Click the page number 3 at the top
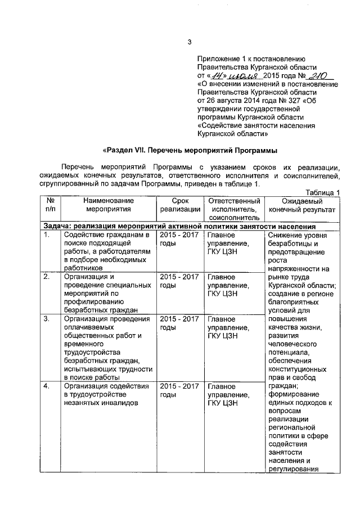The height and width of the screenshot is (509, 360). click(190, 41)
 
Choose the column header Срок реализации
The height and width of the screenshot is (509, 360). click(180, 205)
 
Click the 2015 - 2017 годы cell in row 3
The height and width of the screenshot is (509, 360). click(179, 323)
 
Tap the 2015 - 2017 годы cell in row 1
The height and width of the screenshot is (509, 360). click(179, 239)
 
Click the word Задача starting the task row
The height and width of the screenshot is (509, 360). click(57, 226)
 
